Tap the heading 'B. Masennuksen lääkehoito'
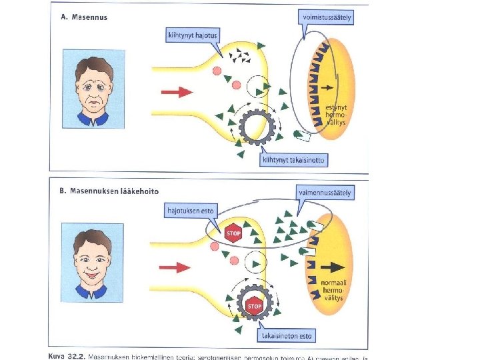[x=109, y=191]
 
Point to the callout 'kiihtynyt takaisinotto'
[x=294, y=160]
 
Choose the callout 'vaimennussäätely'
[x=325, y=193]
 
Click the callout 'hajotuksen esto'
[x=191, y=210]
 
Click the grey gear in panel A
[x=256, y=126]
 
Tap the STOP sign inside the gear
[x=254, y=307]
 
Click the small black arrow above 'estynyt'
[x=327, y=87]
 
